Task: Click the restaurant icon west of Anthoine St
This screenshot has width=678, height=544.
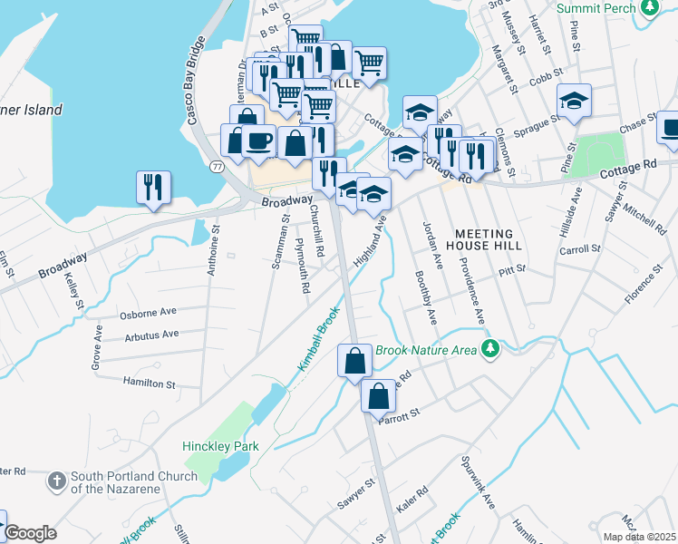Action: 152,188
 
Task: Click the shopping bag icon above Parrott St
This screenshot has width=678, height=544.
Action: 378,394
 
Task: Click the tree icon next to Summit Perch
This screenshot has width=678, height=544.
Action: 648,8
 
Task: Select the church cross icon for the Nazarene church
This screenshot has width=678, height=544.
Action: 56,480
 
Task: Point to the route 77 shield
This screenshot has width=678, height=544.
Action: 217,166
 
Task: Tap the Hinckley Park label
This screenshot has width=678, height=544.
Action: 220,446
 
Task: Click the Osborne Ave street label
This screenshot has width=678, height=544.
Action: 148,313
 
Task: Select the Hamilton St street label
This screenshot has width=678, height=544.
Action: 149,384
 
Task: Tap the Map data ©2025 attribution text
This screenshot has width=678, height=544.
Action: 638,537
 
